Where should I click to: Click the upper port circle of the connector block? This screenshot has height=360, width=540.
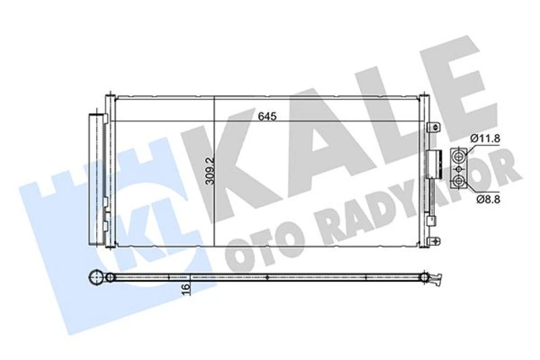click(460, 156)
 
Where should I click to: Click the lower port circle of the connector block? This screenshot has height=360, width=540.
click(460, 181)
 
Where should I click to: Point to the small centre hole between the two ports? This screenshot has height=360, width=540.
click(460, 169)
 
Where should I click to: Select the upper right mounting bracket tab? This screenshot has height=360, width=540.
click(433, 127)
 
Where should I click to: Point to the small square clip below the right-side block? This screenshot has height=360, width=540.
click(430, 220)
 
